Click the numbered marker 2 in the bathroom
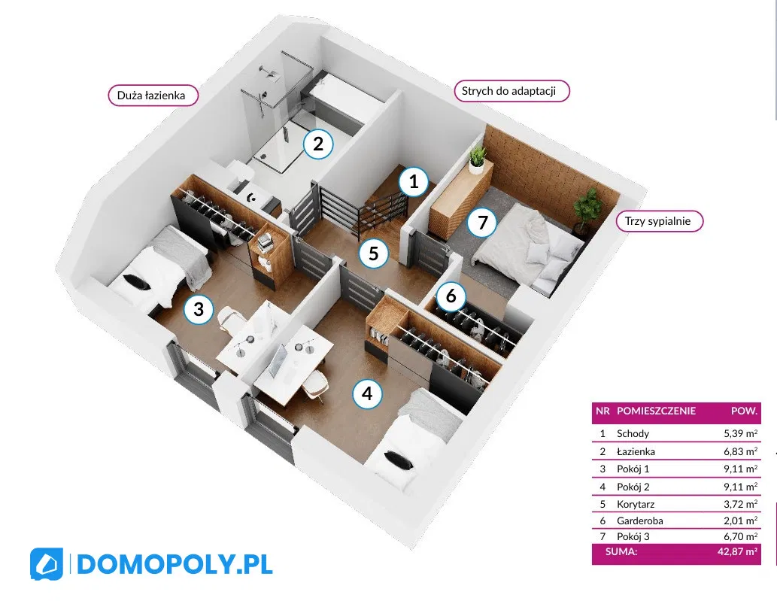click(x=318, y=144)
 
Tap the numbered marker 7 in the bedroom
click(x=483, y=223)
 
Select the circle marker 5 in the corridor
click(x=374, y=253)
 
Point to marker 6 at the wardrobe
click(x=451, y=296)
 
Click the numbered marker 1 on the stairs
click(x=414, y=181)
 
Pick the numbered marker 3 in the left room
click(x=199, y=309)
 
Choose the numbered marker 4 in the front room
click(x=367, y=394)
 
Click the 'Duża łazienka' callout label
click(x=153, y=95)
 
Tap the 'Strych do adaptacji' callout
click(x=512, y=91)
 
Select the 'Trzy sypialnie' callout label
click(x=660, y=221)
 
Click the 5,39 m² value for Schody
click(x=740, y=433)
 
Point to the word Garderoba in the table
click(x=640, y=521)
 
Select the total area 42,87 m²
click(x=737, y=551)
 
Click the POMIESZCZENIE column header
click(x=656, y=411)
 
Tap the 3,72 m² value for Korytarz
click(x=740, y=505)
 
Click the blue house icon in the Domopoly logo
click(x=47, y=564)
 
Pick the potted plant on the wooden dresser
click(x=477, y=159)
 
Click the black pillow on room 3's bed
click(x=136, y=282)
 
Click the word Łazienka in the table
click(x=636, y=451)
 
